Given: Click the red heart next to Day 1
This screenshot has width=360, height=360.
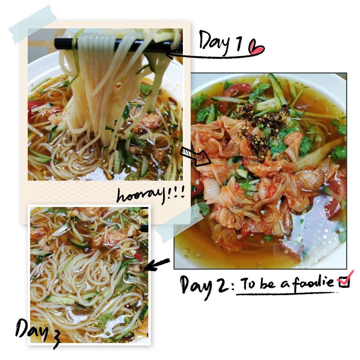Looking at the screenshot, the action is point(256,48).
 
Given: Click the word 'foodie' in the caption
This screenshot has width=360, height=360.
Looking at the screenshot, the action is point(314,282).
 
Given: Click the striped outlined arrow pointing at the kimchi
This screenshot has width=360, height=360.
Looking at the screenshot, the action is point(195,157).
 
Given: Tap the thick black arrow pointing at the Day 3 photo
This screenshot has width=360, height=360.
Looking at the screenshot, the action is point(157,265).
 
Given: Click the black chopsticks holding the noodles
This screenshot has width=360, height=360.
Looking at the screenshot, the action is point(115,44).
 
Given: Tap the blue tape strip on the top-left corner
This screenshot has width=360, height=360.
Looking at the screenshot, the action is point(33,24).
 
